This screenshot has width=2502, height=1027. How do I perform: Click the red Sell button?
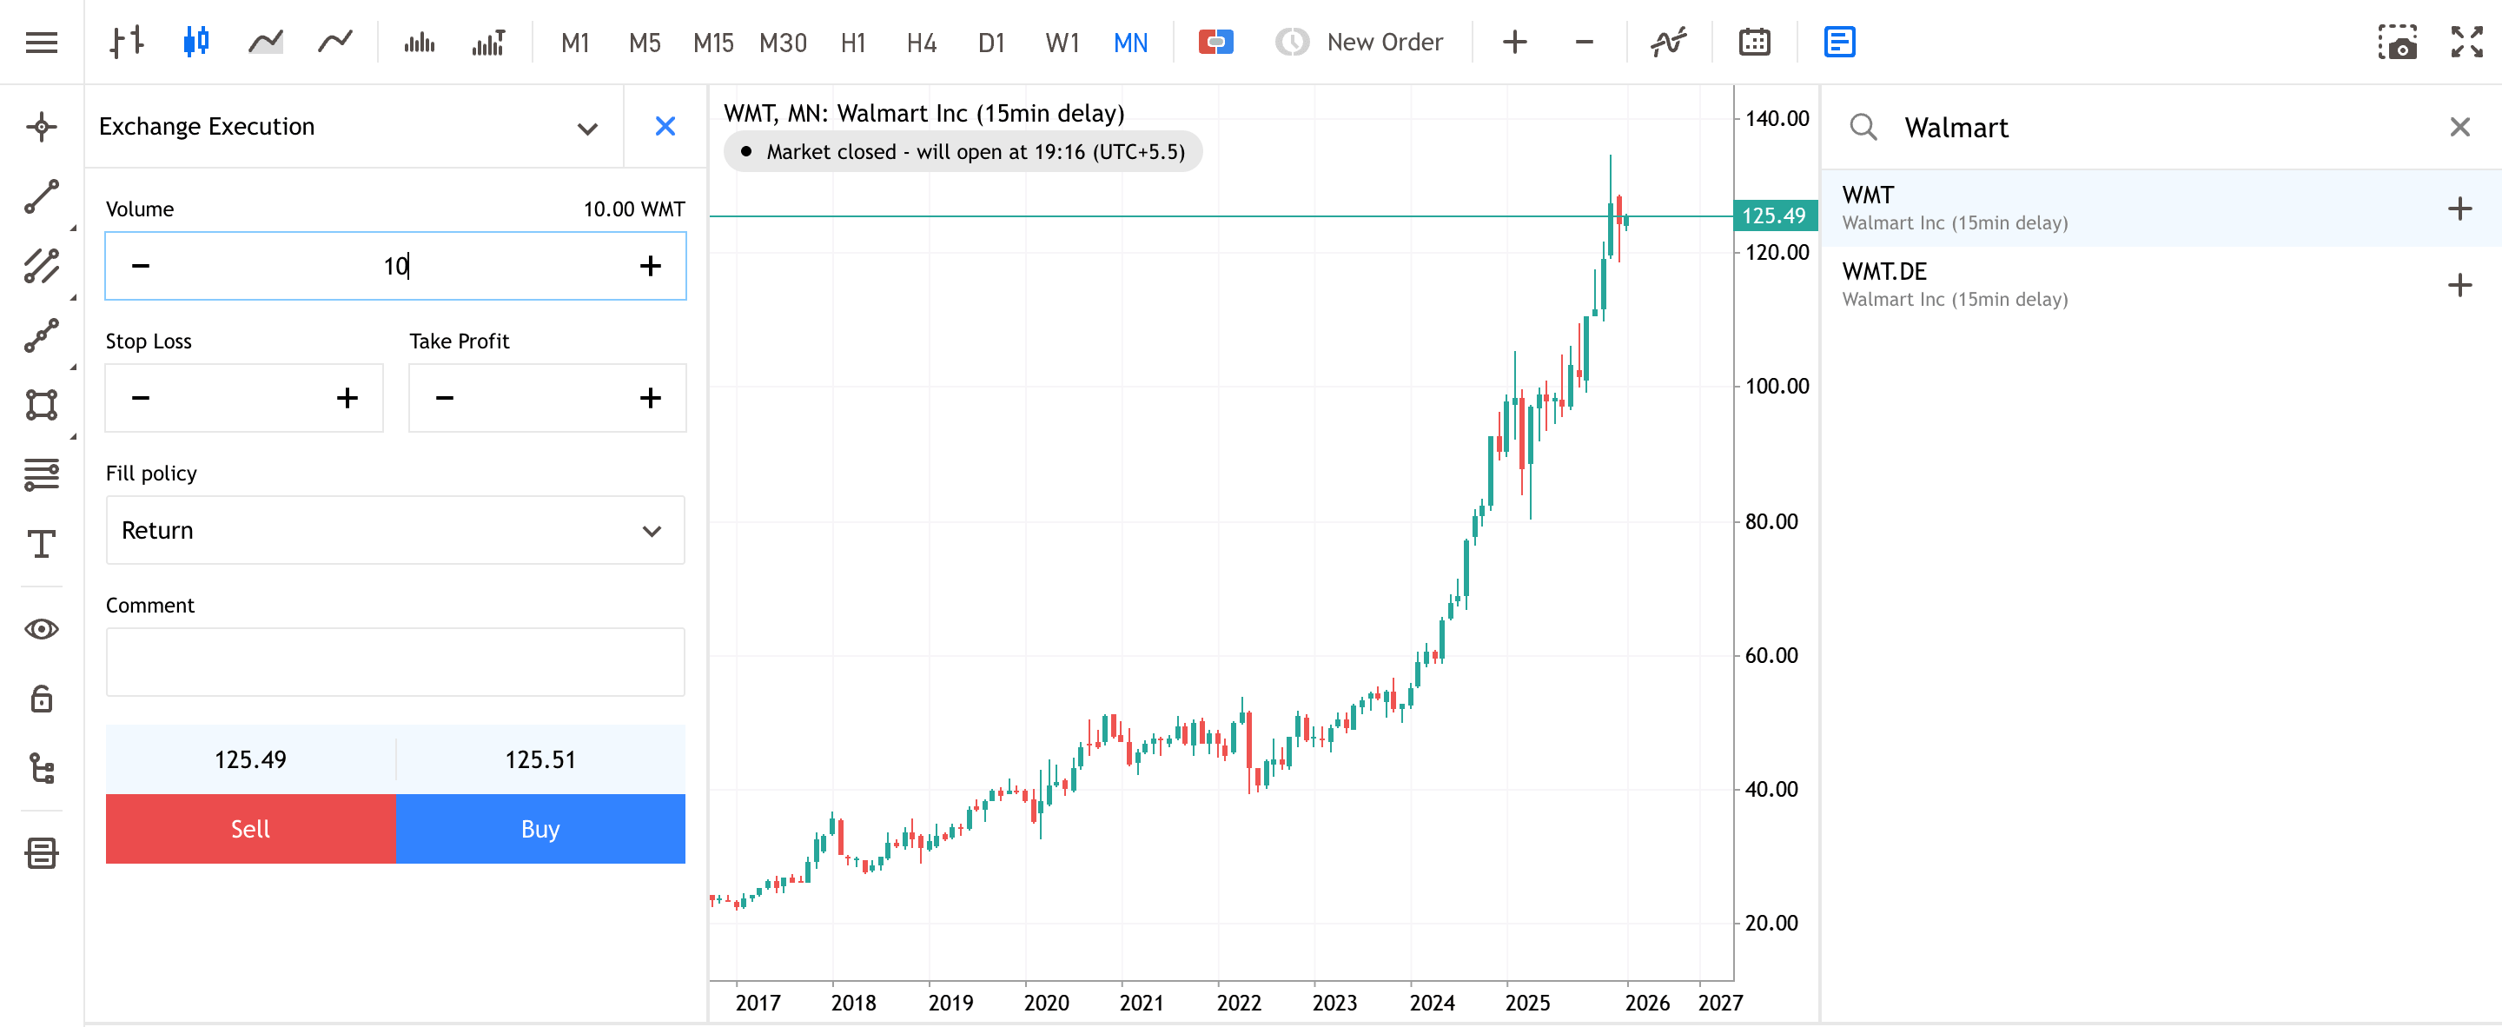click(249, 829)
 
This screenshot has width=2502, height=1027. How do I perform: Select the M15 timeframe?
click(713, 43)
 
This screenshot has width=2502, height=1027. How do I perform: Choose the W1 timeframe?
click(1062, 43)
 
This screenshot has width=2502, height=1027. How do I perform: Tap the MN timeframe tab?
click(1130, 43)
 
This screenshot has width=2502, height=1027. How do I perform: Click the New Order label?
click(1384, 43)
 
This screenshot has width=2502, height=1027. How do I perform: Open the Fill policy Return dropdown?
click(394, 531)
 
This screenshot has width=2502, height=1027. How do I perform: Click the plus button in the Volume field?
click(650, 266)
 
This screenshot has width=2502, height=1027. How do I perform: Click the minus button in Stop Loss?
click(141, 398)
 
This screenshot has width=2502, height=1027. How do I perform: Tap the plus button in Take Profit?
click(650, 398)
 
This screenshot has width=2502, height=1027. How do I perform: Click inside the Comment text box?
click(394, 662)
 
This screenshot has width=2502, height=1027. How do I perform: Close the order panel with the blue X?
click(665, 126)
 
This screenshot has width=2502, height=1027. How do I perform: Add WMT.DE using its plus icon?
click(2459, 286)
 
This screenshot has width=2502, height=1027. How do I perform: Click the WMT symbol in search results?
click(1868, 195)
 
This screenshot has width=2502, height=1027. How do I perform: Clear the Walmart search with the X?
click(2459, 127)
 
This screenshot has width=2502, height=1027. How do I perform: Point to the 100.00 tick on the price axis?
click(1777, 387)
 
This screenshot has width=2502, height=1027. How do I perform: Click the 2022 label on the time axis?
click(1238, 1003)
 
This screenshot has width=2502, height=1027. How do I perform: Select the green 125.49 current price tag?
click(1773, 215)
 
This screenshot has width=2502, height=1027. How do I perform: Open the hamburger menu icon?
click(42, 43)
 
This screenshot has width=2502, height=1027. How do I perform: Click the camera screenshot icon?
click(2396, 43)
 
